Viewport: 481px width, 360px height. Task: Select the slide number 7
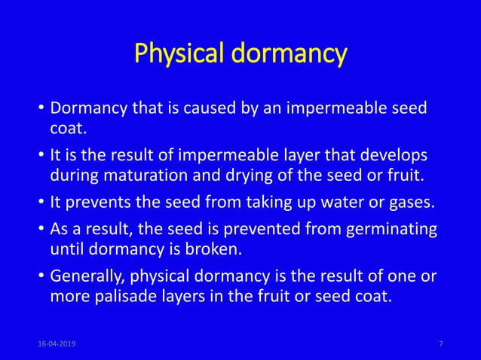[x=440, y=343]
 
